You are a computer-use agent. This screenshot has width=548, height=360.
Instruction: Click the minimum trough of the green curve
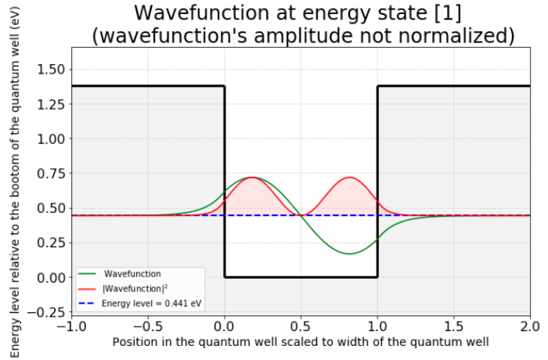click(x=350, y=254)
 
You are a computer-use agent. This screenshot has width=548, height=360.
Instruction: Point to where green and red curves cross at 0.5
click(x=301, y=215)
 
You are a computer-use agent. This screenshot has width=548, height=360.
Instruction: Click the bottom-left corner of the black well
click(x=225, y=277)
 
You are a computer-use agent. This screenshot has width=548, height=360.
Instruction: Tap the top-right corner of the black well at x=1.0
click(x=377, y=86)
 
